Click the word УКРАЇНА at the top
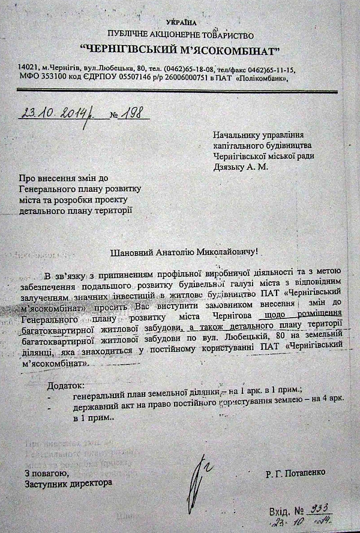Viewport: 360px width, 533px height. point(178,22)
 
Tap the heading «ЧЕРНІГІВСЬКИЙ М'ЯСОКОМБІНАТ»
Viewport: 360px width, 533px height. point(179,49)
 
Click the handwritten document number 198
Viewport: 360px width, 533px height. point(135,113)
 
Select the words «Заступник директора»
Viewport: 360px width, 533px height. point(68,483)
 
